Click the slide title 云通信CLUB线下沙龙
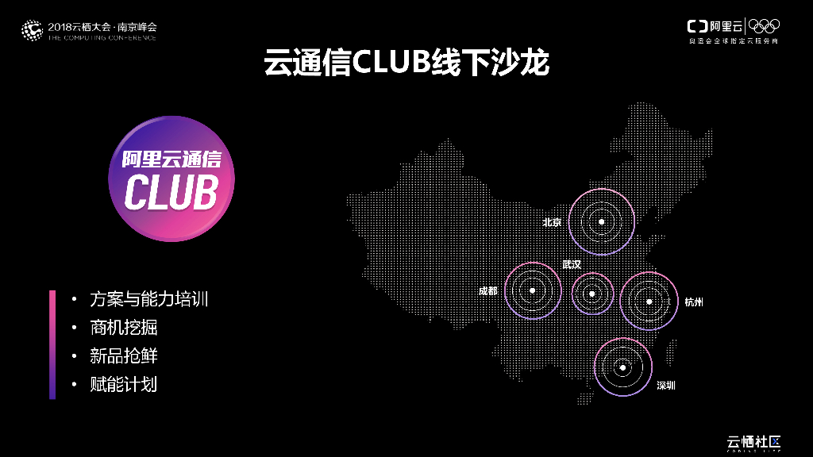click(406, 63)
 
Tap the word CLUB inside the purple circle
click(171, 191)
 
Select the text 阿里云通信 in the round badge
click(171, 159)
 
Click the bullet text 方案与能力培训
click(149, 300)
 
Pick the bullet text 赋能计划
click(124, 384)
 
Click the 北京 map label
click(552, 222)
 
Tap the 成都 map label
click(488, 291)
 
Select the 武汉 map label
click(572, 264)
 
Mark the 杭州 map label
click(694, 302)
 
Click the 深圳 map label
click(665, 386)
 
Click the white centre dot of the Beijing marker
click(602, 221)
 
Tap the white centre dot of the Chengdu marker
click(533, 290)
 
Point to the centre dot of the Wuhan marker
click(592, 293)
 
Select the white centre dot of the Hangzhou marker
click(649, 301)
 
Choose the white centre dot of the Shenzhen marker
click(622, 367)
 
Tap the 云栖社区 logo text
click(755, 441)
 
